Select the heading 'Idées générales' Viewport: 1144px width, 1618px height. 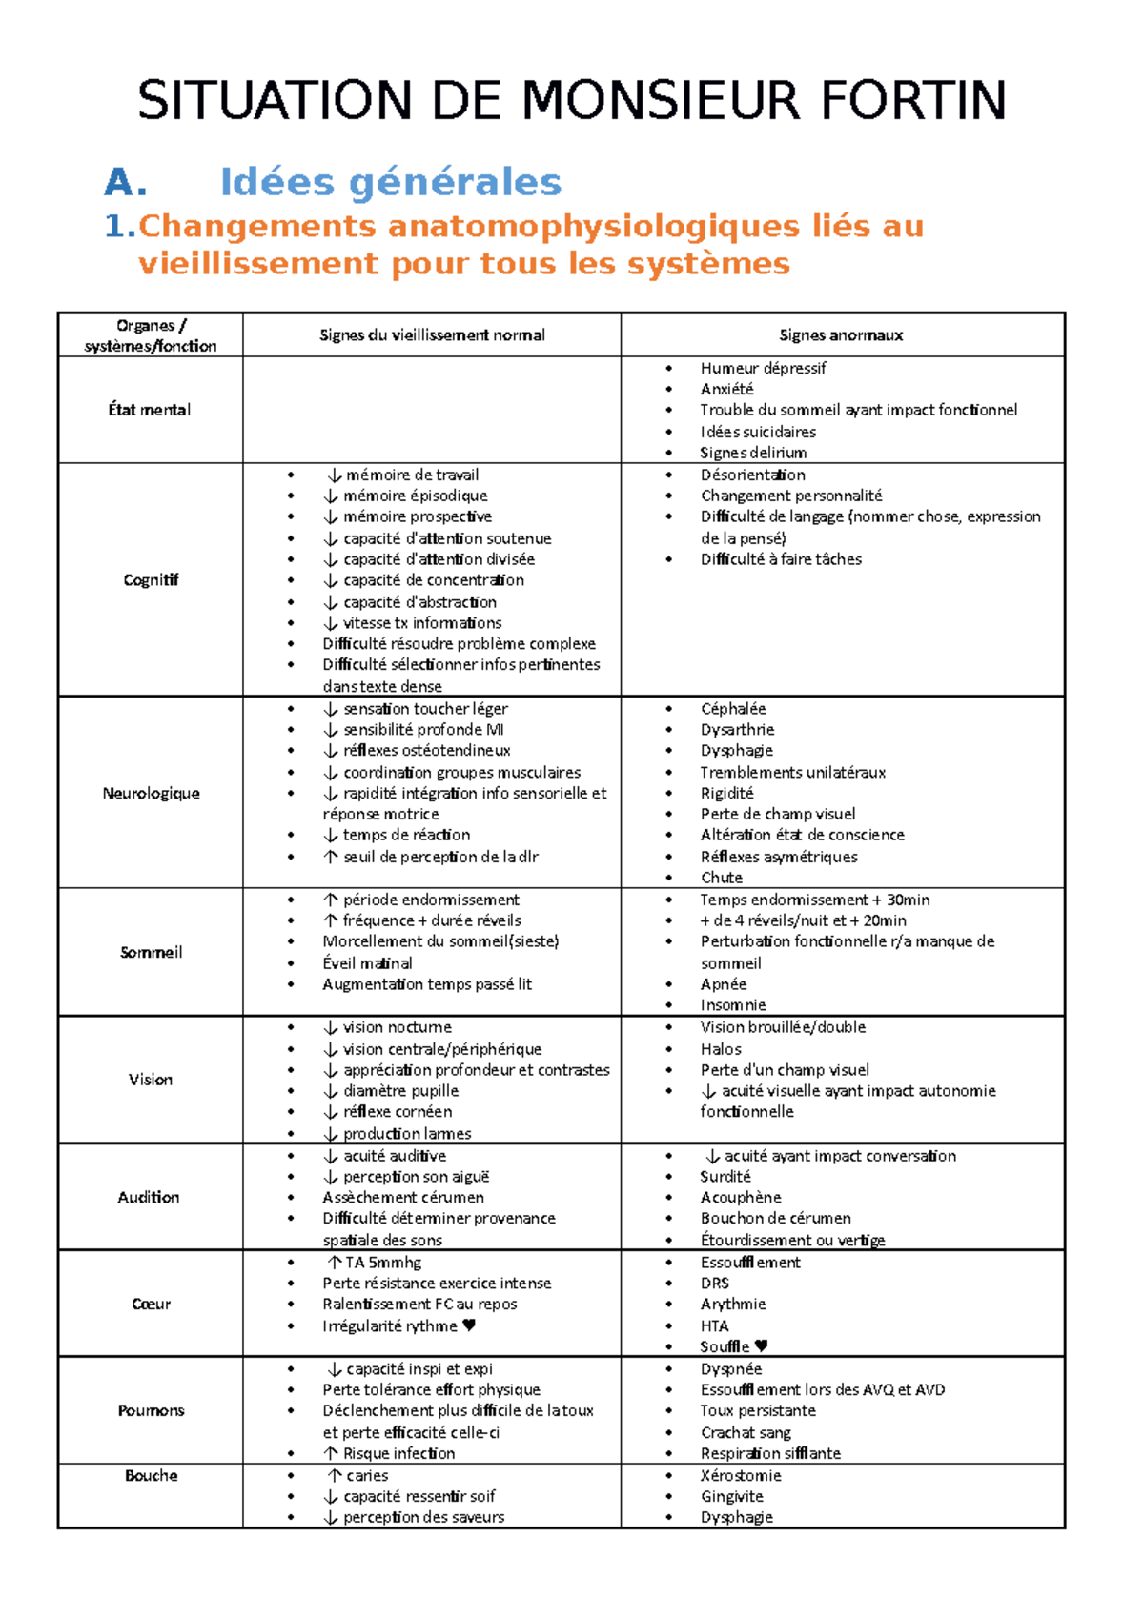point(390,182)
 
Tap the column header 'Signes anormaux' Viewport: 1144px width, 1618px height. point(841,335)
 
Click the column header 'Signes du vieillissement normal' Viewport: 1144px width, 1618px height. point(432,335)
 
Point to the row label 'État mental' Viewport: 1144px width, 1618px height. point(150,410)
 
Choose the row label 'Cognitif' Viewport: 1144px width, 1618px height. point(151,579)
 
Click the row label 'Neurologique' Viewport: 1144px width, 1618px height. point(151,793)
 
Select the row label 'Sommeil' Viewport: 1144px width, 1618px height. point(151,952)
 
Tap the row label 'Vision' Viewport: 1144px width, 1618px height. point(151,1080)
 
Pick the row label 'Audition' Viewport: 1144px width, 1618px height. point(149,1197)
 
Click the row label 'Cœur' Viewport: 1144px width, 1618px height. point(151,1304)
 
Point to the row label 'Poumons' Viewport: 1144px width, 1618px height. point(151,1410)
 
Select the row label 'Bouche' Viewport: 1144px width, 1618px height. point(151,1475)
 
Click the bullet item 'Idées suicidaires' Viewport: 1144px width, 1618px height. point(758,432)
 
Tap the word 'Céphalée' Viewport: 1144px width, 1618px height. point(733,709)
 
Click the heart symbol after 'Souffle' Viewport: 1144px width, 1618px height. point(761,1346)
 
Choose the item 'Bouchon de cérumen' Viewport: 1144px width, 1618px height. point(775,1218)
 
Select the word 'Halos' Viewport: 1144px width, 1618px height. point(721,1049)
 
